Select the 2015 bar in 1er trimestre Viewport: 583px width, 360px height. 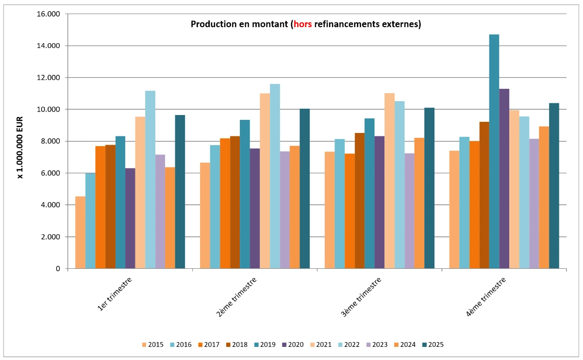pyautogui.click(x=80, y=232)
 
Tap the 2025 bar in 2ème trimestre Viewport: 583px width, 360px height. pyautogui.click(x=304, y=189)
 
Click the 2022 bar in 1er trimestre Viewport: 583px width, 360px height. pyautogui.click(x=150, y=180)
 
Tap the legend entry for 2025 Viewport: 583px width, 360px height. pyautogui.click(x=433, y=345)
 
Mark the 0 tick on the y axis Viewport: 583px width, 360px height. pyautogui.click(x=58, y=269)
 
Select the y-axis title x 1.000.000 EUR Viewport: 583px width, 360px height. pyautogui.click(x=20, y=141)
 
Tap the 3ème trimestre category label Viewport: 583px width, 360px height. pyautogui.click(x=361, y=296)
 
